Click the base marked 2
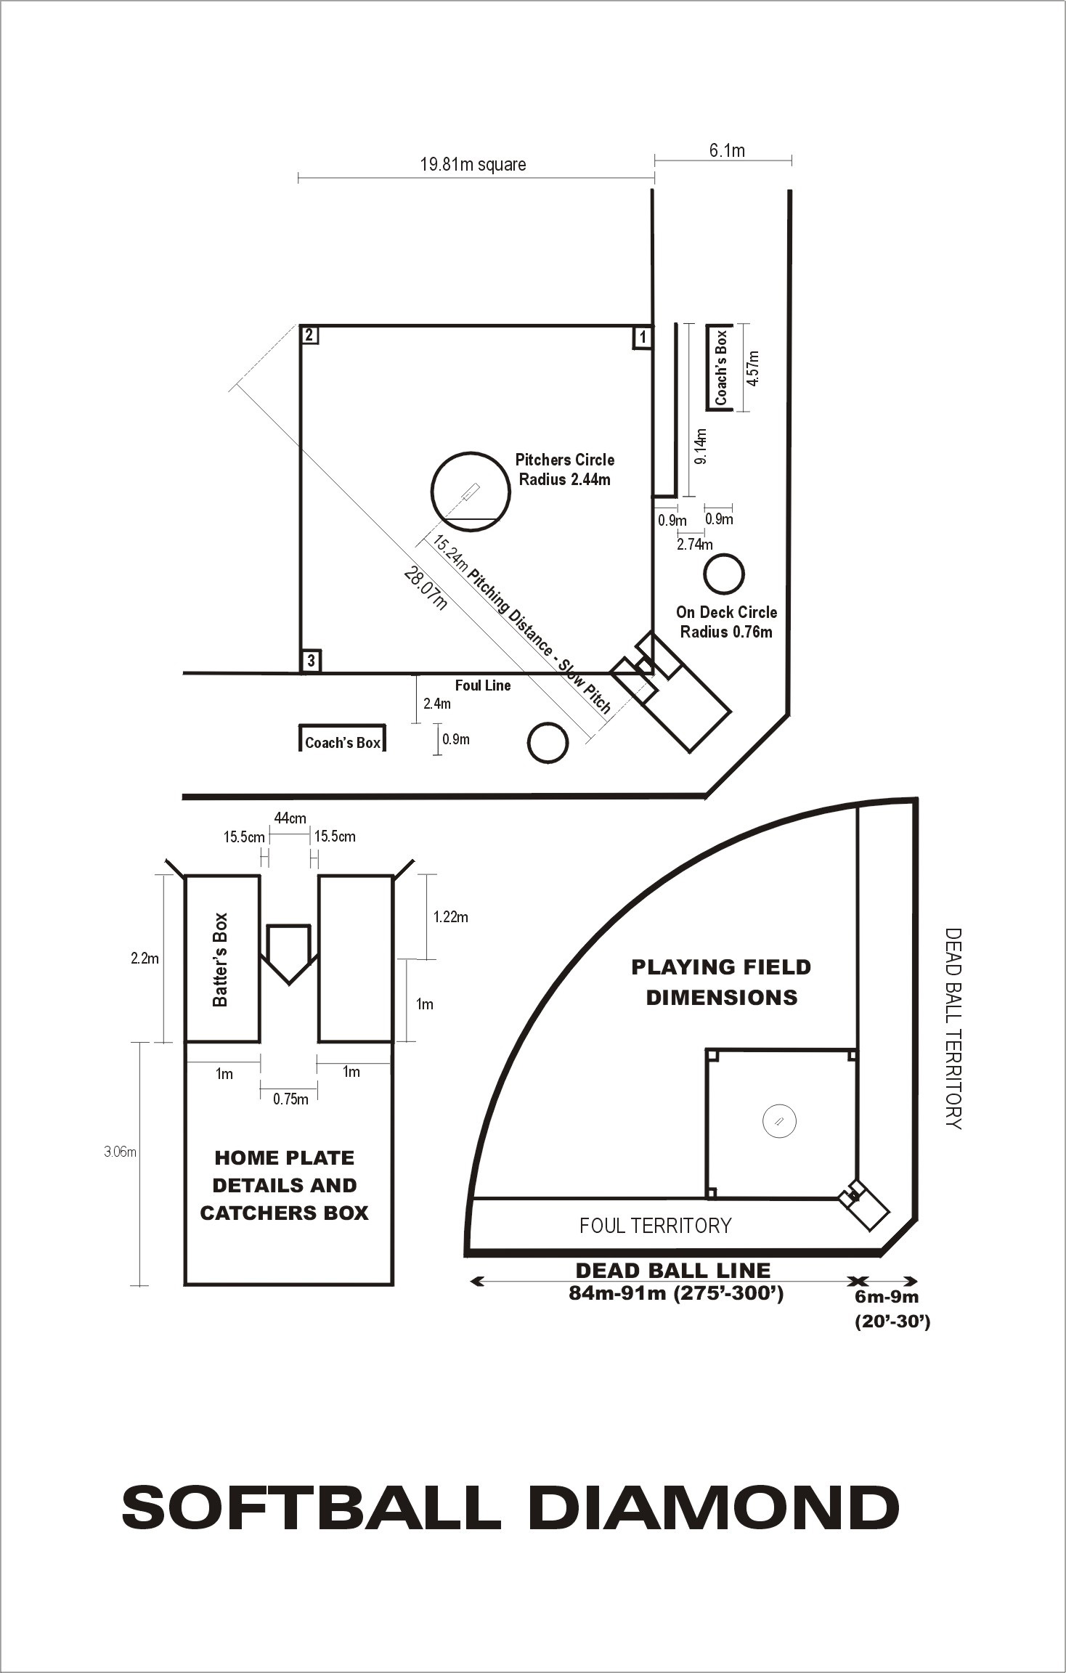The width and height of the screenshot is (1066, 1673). click(310, 335)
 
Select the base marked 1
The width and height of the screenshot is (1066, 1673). click(642, 337)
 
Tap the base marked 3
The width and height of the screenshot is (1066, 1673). click(311, 661)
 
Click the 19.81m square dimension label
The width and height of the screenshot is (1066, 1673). click(473, 164)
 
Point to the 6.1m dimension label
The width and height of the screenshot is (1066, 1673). click(727, 150)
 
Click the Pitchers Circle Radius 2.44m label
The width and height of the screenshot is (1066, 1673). click(564, 469)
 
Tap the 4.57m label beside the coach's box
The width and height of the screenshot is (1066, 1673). click(753, 368)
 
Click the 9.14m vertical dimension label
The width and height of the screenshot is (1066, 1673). click(700, 447)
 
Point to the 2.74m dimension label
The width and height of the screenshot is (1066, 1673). click(694, 544)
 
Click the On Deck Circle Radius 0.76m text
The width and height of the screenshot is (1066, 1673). click(726, 622)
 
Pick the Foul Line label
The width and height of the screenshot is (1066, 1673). click(483, 685)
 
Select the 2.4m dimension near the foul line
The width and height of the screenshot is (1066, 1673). click(436, 703)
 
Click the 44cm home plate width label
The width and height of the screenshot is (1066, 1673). click(289, 818)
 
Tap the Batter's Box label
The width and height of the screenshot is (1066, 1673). click(220, 959)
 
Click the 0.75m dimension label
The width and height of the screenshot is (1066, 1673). click(290, 1099)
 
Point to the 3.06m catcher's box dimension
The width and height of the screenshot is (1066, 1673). click(120, 1152)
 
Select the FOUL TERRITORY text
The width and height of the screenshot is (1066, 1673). click(655, 1226)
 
